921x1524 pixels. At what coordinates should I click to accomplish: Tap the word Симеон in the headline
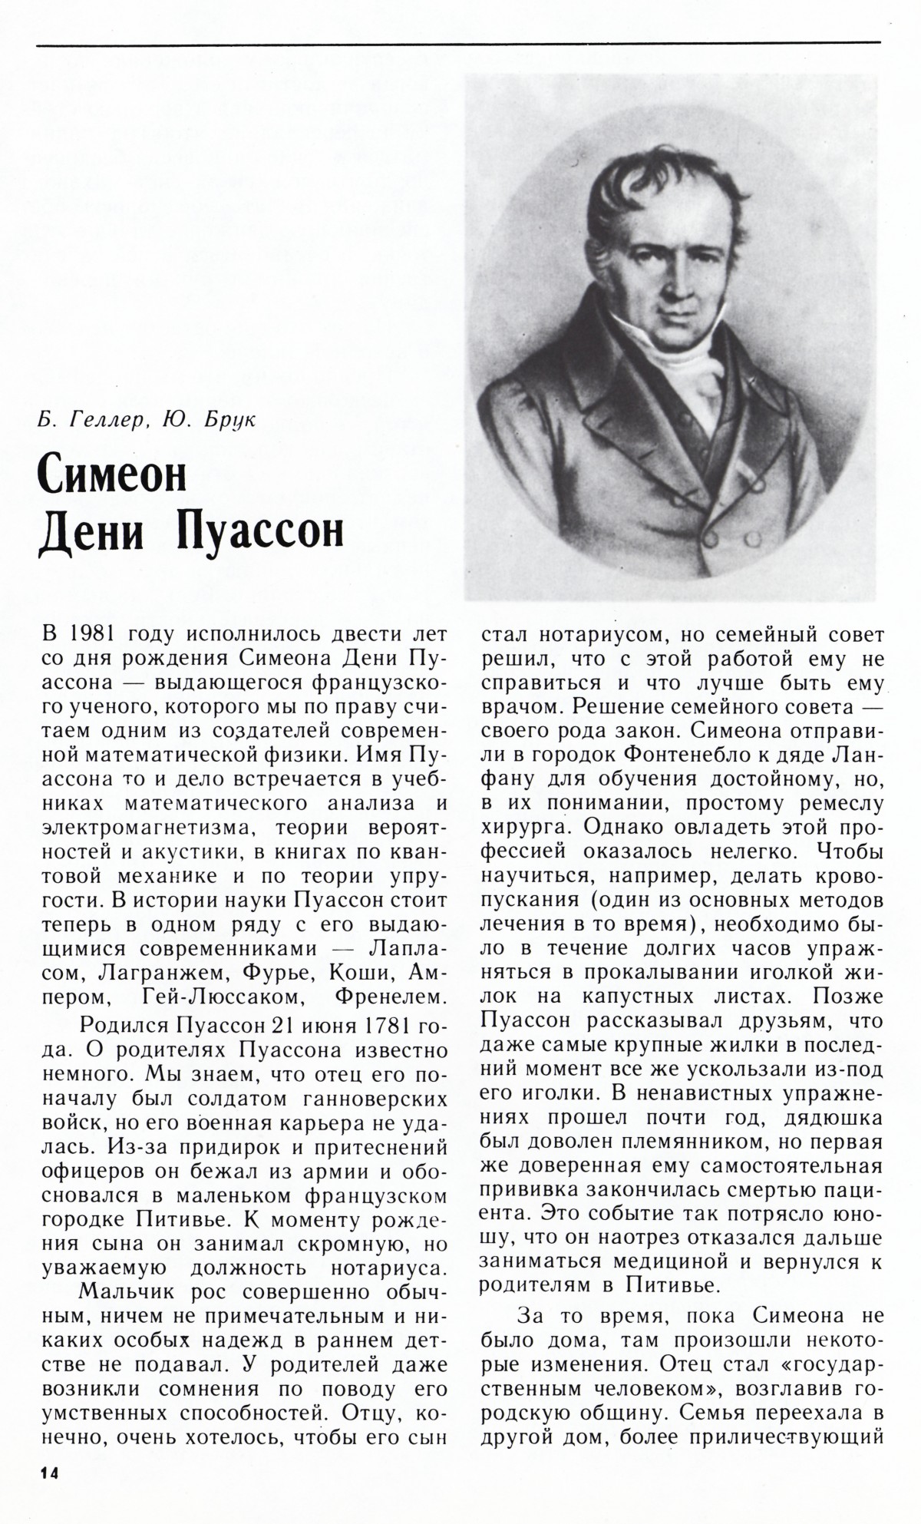pos(112,476)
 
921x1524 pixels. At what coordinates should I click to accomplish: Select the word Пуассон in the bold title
pos(259,531)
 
